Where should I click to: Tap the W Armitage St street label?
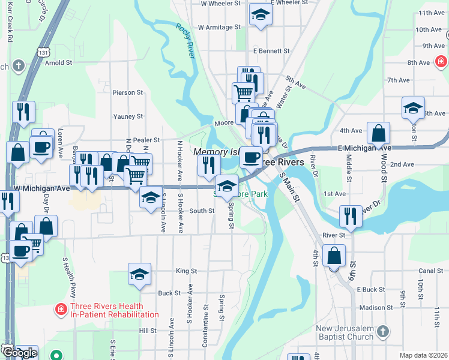tap(218, 27)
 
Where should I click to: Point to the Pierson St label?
tap(127, 93)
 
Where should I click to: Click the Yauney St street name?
tap(128, 116)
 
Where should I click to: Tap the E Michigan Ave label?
tap(364, 148)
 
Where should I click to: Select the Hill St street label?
tap(148, 331)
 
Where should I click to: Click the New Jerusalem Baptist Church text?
tap(345, 332)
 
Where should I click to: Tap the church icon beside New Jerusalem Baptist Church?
tap(384, 331)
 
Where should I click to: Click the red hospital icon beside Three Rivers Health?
tap(61, 310)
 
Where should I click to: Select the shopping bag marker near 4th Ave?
tap(379, 133)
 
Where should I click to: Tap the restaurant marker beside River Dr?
tap(350, 216)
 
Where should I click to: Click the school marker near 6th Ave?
tap(412, 109)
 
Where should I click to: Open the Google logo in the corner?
tap(19, 353)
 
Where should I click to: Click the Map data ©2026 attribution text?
tap(423, 355)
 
